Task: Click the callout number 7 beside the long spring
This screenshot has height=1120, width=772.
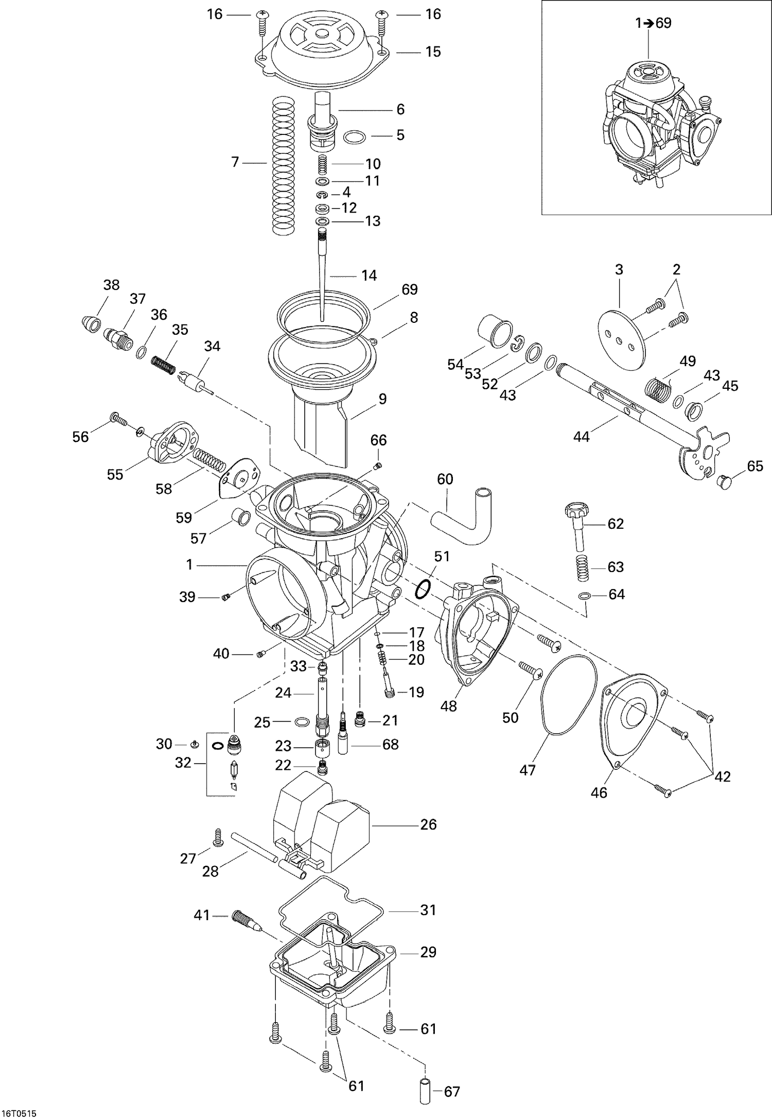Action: pyautogui.click(x=235, y=163)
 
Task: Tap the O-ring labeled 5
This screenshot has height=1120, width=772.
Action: pyautogui.click(x=355, y=137)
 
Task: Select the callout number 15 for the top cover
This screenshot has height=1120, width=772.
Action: pyautogui.click(x=433, y=51)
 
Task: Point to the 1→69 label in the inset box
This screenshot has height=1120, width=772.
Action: pyautogui.click(x=653, y=23)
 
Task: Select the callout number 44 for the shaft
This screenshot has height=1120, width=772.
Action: pyautogui.click(x=582, y=437)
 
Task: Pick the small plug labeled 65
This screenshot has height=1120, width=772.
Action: pyautogui.click(x=725, y=483)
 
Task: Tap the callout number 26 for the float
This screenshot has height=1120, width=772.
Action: pyautogui.click(x=428, y=824)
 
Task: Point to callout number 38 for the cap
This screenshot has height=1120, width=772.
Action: pyautogui.click(x=111, y=285)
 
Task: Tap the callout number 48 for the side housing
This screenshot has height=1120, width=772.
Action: pyautogui.click(x=449, y=706)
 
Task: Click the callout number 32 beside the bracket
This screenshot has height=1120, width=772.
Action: pyautogui.click(x=183, y=763)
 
